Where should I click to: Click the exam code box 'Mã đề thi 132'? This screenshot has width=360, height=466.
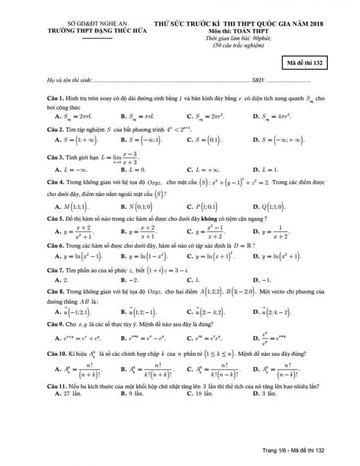(x=304, y=63)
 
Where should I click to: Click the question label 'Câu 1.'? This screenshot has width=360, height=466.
(x=55, y=98)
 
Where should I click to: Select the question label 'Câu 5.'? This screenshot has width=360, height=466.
(x=55, y=218)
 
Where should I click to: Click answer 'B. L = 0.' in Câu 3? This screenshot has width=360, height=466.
(x=133, y=169)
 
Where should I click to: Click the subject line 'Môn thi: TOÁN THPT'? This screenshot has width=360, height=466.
(x=238, y=31)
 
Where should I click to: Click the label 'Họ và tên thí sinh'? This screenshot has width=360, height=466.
(x=69, y=81)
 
